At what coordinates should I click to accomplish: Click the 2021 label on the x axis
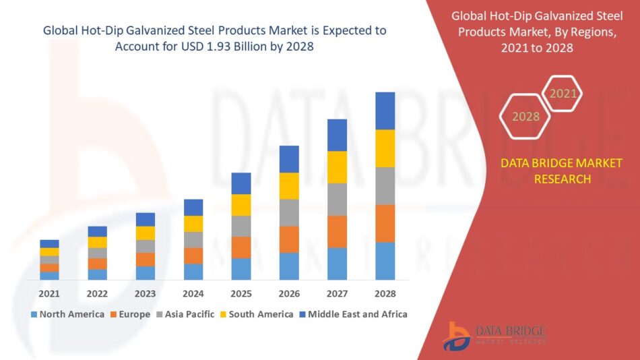(49, 294)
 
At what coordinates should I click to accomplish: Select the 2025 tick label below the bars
(241, 294)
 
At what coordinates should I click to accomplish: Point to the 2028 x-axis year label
(385, 294)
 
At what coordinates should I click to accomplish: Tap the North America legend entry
(67, 314)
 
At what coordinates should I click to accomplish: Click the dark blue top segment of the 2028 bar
(385, 111)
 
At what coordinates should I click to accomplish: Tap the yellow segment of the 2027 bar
(338, 167)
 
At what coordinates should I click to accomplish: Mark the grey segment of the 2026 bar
(289, 212)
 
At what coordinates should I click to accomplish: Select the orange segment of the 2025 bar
(241, 247)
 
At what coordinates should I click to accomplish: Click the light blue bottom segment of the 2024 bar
(193, 272)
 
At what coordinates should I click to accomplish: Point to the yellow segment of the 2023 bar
(146, 233)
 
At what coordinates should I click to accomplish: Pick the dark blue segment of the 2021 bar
(49, 244)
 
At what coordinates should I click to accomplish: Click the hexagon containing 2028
(525, 117)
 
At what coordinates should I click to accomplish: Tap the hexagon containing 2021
(563, 93)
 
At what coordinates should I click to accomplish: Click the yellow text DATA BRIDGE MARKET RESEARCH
(562, 171)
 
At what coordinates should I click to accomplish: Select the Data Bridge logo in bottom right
(495, 335)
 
